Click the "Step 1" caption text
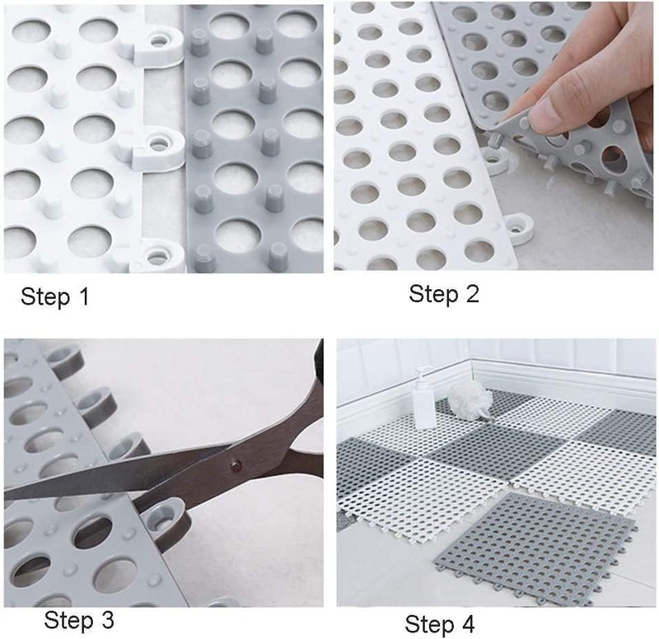pyautogui.click(x=55, y=297)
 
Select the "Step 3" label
pyautogui.click(x=79, y=618)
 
